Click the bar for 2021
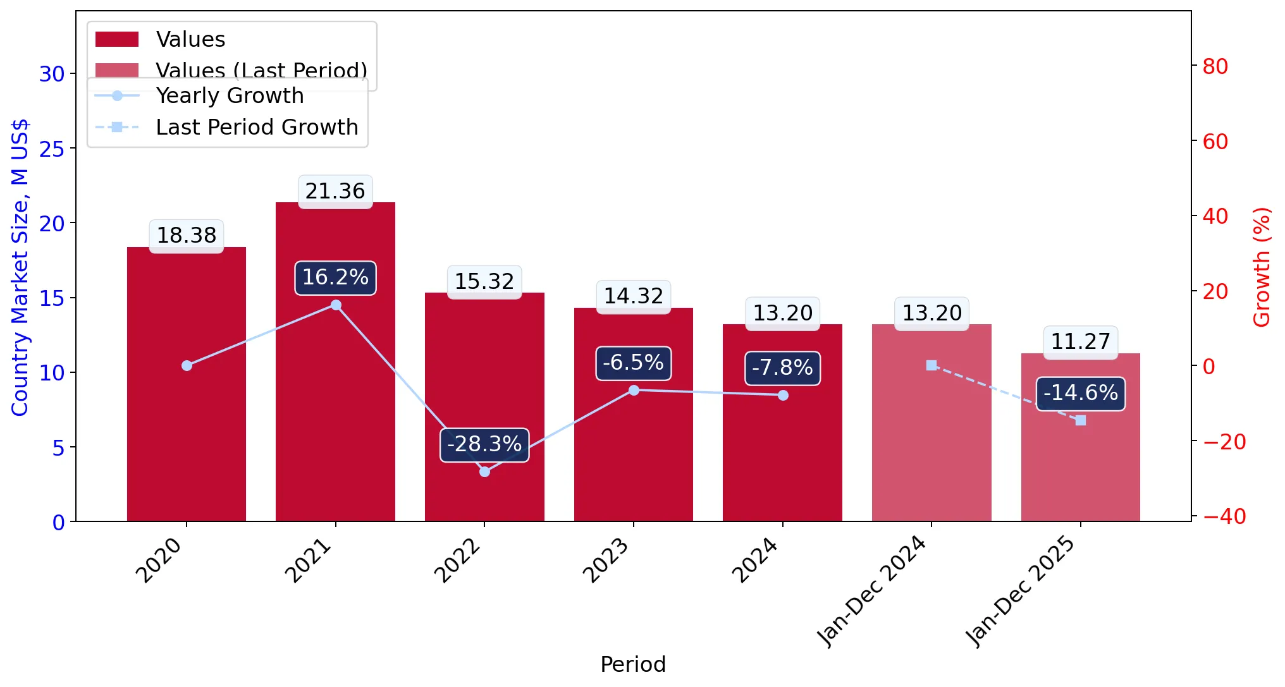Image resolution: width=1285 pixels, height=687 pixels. click(335, 362)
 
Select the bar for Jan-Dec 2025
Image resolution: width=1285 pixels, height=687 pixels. click(1080, 437)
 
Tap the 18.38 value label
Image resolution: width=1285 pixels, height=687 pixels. click(187, 236)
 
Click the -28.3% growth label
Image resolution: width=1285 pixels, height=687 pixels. click(484, 444)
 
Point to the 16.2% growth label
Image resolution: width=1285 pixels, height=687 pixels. click(335, 277)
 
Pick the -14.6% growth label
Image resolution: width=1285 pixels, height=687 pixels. click(1080, 393)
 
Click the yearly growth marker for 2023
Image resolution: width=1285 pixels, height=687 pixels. click(634, 390)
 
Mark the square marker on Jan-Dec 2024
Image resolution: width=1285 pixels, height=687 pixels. click(931, 365)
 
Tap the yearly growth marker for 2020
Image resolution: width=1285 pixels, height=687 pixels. click(187, 365)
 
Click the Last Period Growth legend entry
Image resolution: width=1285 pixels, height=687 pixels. click(226, 128)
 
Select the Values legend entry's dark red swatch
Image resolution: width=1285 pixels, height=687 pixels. click(117, 39)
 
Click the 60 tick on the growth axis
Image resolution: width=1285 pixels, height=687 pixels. click(1215, 142)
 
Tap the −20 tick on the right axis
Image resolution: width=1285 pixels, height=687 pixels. click(1224, 442)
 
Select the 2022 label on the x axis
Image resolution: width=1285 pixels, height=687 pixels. click(458, 560)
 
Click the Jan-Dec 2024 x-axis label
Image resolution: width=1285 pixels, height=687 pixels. click(872, 592)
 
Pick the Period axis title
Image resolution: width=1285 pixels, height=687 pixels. click(633, 665)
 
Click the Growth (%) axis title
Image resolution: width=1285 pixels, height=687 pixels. click(1262, 267)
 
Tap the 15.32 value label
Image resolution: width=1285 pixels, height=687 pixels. click(484, 282)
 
